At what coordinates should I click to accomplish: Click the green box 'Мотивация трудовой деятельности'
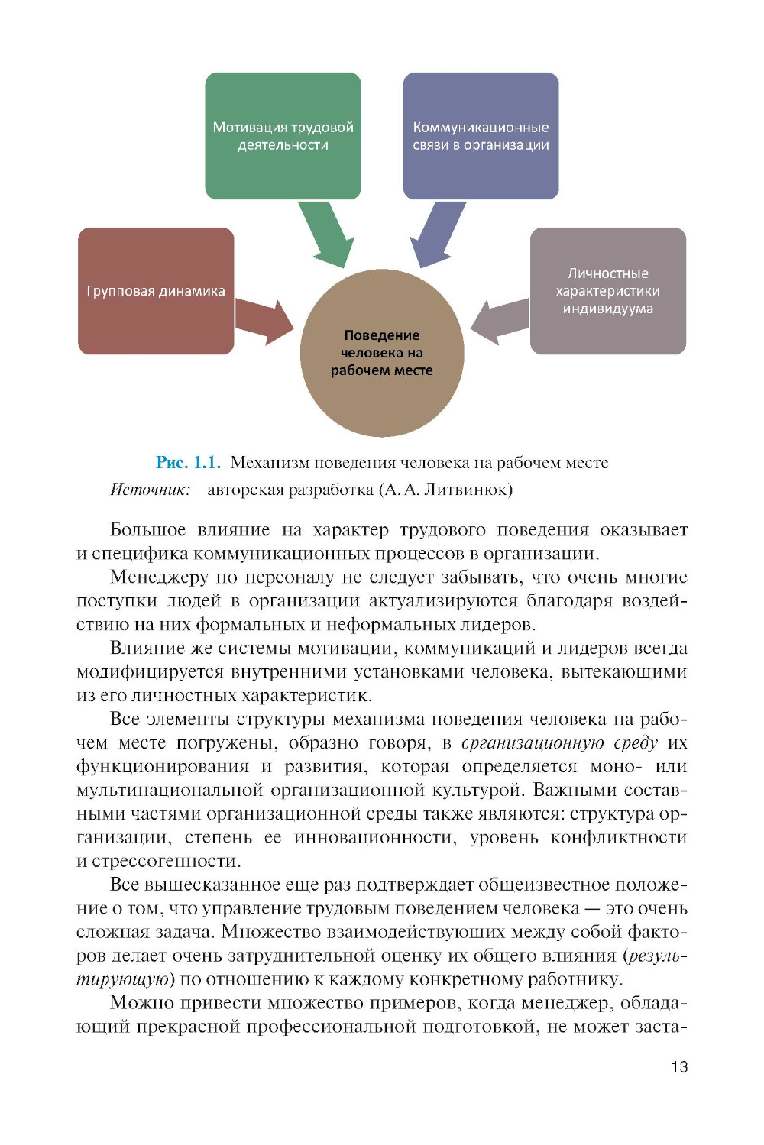[283, 135]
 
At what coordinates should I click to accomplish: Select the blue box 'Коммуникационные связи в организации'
[481, 135]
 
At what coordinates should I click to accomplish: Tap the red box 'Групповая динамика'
[156, 290]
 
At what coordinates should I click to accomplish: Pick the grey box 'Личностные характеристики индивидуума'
[607, 290]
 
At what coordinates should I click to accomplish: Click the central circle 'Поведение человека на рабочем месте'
[382, 353]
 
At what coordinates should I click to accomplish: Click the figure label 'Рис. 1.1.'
[188, 462]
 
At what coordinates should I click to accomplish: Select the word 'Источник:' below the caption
[150, 490]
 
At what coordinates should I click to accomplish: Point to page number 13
[679, 1067]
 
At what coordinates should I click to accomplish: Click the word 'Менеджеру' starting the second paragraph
[159, 577]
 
